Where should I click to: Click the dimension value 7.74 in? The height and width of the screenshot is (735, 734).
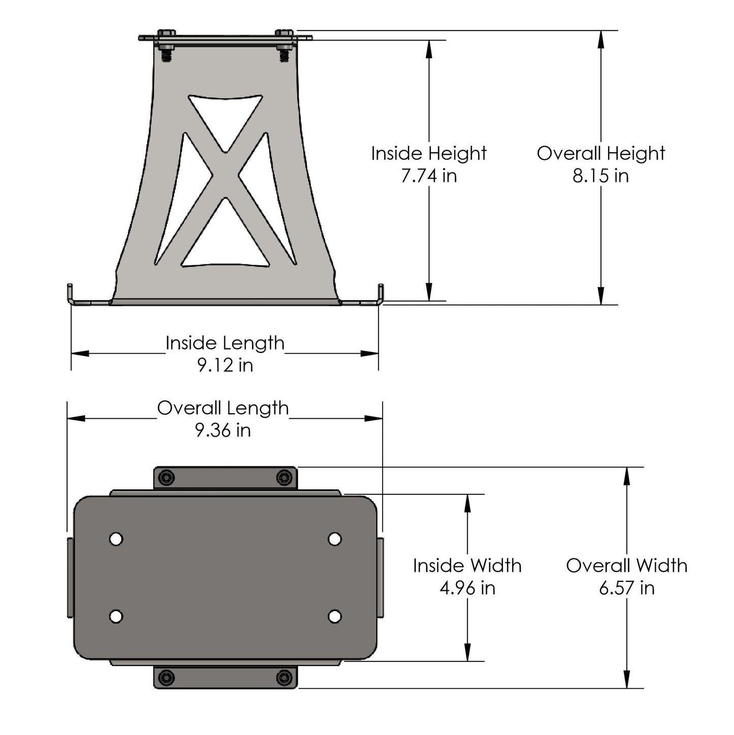point(429,176)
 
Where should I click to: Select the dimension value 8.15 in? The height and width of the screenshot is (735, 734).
point(600,176)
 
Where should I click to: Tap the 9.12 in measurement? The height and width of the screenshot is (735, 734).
point(225,365)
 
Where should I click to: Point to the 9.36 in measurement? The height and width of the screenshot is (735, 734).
point(222,430)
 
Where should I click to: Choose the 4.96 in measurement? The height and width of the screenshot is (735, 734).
point(467,588)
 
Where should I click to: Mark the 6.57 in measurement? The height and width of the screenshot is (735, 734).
point(626,588)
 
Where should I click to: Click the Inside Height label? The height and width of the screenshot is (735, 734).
point(429,153)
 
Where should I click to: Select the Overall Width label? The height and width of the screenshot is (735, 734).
point(626,565)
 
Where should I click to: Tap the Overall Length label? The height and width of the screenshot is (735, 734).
point(222,408)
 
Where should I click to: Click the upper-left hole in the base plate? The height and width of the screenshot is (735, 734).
point(116,539)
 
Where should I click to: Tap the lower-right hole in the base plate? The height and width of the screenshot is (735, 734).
point(334,616)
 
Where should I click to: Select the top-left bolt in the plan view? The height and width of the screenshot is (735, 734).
point(166,478)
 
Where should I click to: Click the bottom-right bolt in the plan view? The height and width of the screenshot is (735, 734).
point(284,677)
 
